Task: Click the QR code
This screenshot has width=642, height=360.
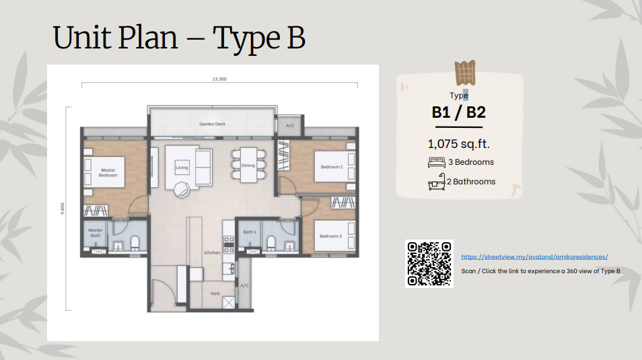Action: tap(429, 264)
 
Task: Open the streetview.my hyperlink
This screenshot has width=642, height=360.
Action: tap(534, 257)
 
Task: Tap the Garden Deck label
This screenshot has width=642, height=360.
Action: tap(213, 124)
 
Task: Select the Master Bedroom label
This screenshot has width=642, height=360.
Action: tap(108, 173)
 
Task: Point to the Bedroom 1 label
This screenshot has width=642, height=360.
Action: tap(332, 167)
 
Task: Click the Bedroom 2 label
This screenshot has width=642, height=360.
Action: tap(331, 236)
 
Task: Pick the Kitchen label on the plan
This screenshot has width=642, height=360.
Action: tap(212, 253)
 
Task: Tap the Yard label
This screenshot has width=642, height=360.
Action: tap(215, 293)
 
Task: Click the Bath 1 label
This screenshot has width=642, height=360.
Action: tap(250, 231)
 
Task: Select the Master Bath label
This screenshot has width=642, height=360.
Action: tap(96, 233)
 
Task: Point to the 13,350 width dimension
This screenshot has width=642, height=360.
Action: tap(219, 79)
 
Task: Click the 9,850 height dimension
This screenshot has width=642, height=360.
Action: tap(62, 209)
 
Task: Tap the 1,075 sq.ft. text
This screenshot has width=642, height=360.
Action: tap(458, 144)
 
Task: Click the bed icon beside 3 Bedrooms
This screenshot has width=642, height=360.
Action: tap(437, 163)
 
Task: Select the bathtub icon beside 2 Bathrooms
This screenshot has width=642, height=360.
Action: tap(437, 182)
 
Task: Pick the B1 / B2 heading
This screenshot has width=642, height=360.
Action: tap(458, 112)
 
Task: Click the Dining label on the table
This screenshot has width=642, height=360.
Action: tap(248, 166)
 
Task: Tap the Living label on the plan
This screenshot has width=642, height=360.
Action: tap(182, 168)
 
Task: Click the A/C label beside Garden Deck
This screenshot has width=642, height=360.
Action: tap(290, 126)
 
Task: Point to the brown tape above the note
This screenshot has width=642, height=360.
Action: tap(465, 73)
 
